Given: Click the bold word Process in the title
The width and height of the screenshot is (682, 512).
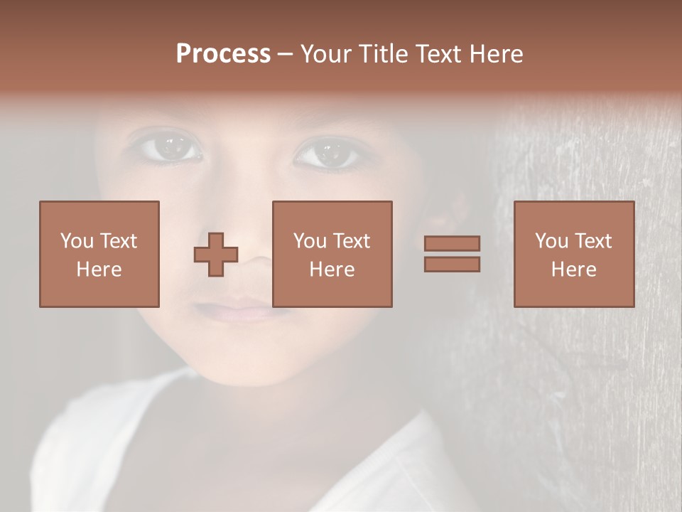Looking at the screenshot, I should click(223, 54).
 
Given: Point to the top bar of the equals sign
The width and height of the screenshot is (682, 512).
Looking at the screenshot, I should click(452, 243).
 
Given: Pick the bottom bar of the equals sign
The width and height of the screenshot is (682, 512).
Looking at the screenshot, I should click(452, 264).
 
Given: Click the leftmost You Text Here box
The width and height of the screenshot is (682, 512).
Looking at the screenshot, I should click(99, 254).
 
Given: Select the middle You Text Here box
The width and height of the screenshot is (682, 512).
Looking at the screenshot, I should click(332, 254).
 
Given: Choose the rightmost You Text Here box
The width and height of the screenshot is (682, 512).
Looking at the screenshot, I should click(573, 254).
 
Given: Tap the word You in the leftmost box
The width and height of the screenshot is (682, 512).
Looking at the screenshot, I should click(75, 241).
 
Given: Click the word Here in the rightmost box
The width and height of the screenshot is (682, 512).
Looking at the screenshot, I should click(573, 270).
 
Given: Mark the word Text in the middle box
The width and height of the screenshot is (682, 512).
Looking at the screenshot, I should click(352, 241).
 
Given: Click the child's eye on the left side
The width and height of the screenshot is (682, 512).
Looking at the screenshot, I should click(168, 147).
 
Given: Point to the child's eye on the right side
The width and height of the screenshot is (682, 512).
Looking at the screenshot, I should click(327, 152).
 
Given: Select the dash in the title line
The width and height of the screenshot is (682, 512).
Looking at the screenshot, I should click(286, 54).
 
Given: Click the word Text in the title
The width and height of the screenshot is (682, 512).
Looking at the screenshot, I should click(438, 54).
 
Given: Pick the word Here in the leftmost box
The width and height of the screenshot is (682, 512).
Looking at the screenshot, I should click(99, 270).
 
